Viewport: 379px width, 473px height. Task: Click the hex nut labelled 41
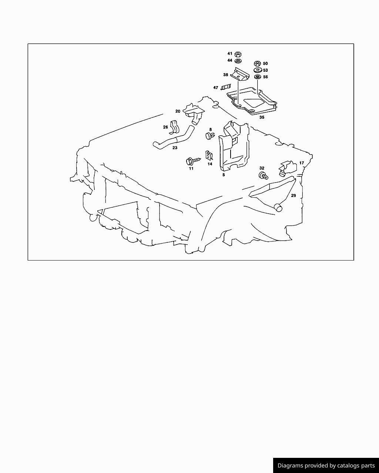pos(238,54)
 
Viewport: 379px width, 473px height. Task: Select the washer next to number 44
pos(238,61)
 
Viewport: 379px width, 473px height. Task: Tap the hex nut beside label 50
pos(257,64)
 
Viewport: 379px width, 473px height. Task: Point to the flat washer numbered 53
pos(257,70)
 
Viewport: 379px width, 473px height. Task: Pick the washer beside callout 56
pos(257,77)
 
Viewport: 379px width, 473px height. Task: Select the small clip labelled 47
pos(225,87)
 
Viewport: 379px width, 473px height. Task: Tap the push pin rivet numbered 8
pos(210,136)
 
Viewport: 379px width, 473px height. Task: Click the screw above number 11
pos(193,161)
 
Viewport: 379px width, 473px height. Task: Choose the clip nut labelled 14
pos(209,156)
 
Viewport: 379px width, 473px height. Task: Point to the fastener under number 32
pos(263,176)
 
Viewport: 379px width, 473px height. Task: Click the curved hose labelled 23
pos(174,137)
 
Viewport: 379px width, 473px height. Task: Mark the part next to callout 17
pos(287,169)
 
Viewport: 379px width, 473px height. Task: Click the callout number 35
pos(262,118)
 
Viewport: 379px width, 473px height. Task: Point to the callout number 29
pos(294,195)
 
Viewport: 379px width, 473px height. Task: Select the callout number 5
pos(224,175)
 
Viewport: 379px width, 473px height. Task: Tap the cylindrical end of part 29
pos(278,207)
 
